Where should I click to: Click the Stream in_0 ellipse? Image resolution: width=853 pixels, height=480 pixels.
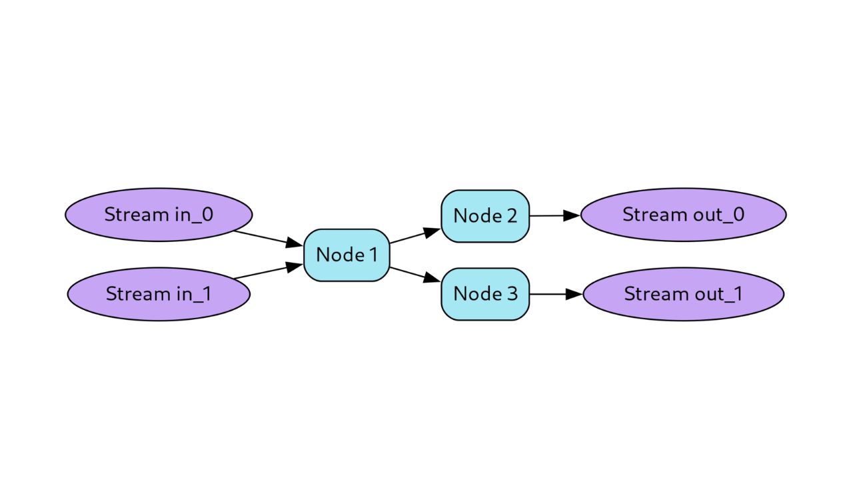point(159,215)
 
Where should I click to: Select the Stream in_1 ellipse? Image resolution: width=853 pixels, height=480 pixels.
point(159,294)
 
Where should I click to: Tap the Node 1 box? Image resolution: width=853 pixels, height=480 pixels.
point(347,255)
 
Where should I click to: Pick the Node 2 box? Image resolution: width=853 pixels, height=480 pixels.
point(485,216)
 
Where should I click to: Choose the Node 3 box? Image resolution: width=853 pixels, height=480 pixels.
point(485,294)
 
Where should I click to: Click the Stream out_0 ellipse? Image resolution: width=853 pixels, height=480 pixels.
point(683,215)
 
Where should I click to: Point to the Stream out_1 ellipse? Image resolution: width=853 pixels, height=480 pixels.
point(683,294)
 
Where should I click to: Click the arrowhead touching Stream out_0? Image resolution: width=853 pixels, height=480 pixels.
point(572,215)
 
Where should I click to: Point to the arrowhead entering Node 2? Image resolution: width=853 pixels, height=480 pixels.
point(432,231)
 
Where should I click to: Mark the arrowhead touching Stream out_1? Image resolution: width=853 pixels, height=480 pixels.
point(574,294)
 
